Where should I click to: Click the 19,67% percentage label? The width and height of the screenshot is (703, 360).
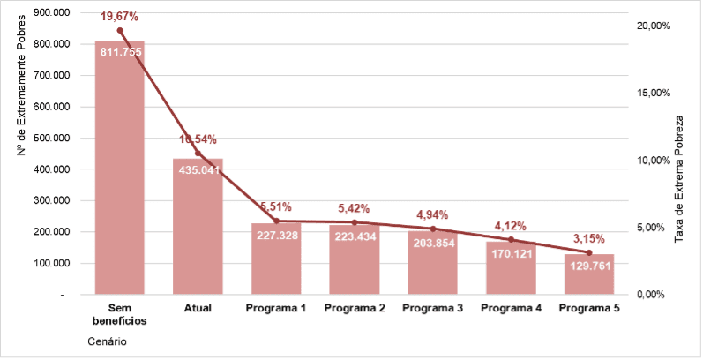click(120, 16)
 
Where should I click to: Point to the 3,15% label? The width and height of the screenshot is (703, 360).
click(589, 238)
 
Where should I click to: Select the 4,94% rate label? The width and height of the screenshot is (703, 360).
click(432, 214)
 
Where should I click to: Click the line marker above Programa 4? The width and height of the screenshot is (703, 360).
click(511, 239)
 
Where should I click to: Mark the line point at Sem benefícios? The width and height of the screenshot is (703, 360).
click(120, 31)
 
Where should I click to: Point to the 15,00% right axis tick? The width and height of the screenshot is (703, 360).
click(654, 93)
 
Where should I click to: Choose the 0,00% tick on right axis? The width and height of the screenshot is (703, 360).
click(654, 294)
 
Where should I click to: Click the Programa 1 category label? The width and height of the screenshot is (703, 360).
click(276, 308)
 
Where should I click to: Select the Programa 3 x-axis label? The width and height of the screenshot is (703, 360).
click(432, 308)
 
